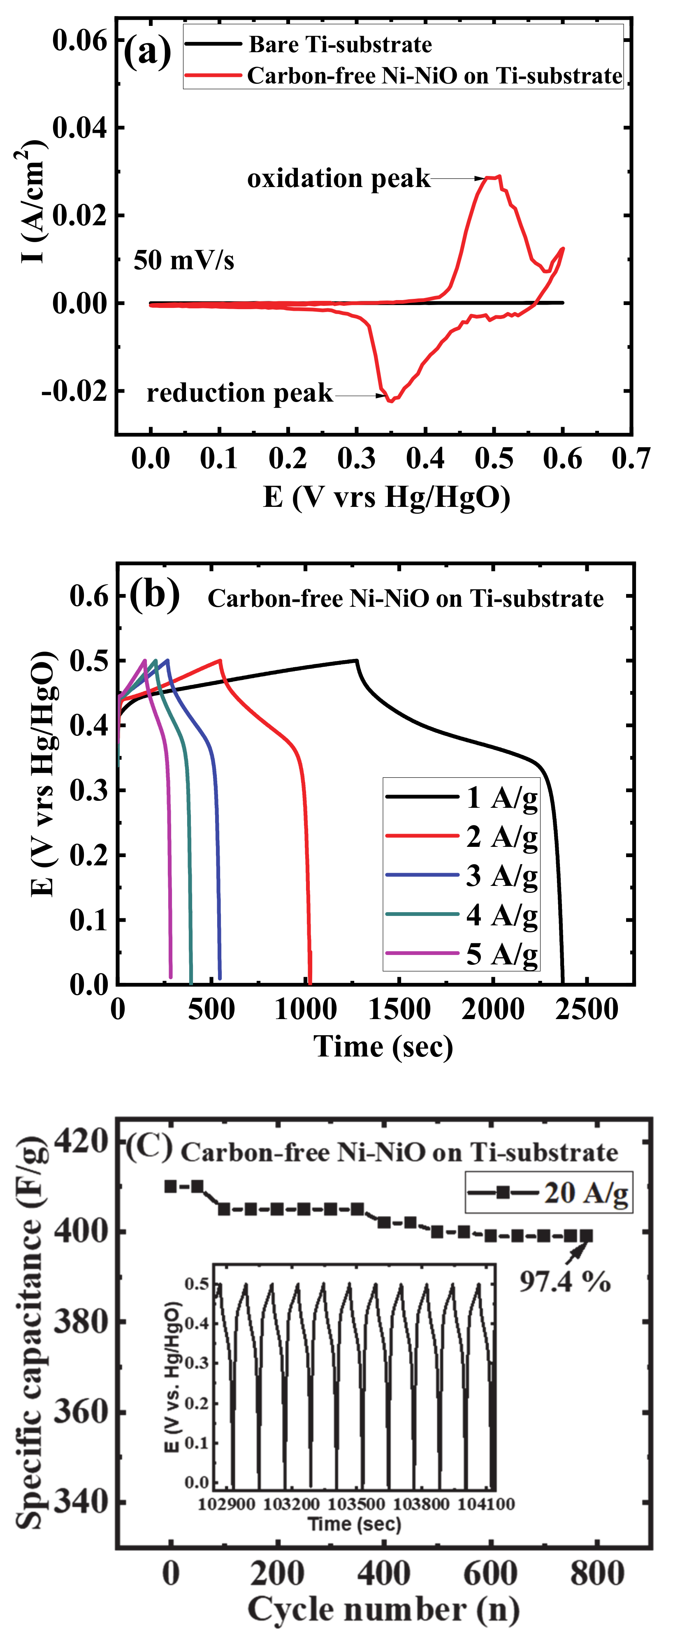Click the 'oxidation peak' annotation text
(338, 179)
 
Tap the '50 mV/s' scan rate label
(183, 260)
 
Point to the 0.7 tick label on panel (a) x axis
(630, 458)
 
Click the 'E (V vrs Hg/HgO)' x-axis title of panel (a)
(387, 497)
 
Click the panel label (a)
(147, 51)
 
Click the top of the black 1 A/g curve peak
(356, 661)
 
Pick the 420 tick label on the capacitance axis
(81, 1140)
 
